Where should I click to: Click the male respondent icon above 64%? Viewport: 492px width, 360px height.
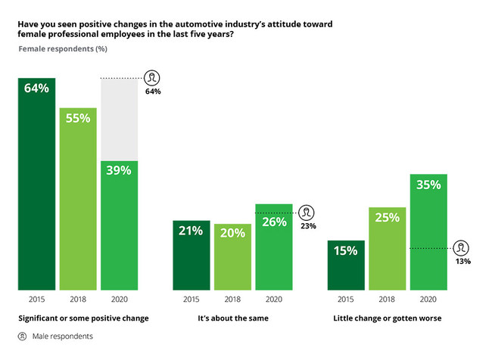coord(152,78)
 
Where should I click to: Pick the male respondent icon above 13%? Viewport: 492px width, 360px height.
coord(462,247)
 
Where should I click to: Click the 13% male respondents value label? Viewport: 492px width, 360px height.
coord(462,262)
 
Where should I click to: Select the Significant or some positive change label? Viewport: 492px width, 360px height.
coord(78,318)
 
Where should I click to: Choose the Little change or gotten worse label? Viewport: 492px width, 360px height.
coord(387,318)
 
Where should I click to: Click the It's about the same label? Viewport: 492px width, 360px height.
coord(232,318)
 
